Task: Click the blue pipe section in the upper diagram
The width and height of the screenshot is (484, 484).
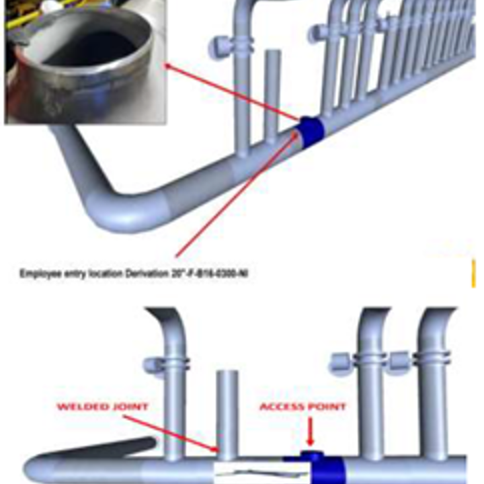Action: point(310,132)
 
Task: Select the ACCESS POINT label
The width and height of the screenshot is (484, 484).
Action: point(302,407)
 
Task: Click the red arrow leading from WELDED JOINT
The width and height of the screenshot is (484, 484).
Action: point(171,430)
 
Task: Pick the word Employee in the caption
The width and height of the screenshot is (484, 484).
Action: point(38,274)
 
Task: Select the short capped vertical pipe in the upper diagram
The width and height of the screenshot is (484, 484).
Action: point(271,94)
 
